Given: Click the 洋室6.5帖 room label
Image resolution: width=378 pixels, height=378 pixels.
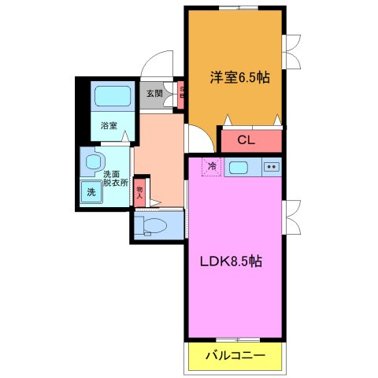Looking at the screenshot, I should (x=239, y=78).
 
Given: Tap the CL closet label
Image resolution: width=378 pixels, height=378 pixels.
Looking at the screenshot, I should (x=245, y=142).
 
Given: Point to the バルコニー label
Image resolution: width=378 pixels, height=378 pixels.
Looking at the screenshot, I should (x=235, y=357).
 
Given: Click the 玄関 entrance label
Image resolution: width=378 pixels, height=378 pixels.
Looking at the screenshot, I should (x=154, y=93).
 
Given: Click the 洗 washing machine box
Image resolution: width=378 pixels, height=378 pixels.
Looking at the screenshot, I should (x=91, y=191).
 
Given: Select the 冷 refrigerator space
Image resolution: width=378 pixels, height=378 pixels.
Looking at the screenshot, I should (x=212, y=166).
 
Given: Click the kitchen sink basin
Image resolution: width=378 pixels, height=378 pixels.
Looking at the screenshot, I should (x=240, y=167).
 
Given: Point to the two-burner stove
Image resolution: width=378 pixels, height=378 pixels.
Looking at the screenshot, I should (x=271, y=167).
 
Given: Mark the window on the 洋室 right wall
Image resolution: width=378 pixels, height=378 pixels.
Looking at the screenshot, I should (x=291, y=53).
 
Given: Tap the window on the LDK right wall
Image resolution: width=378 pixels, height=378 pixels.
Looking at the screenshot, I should (x=291, y=217).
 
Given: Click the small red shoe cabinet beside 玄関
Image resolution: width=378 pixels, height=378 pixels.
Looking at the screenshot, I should (x=181, y=93).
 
